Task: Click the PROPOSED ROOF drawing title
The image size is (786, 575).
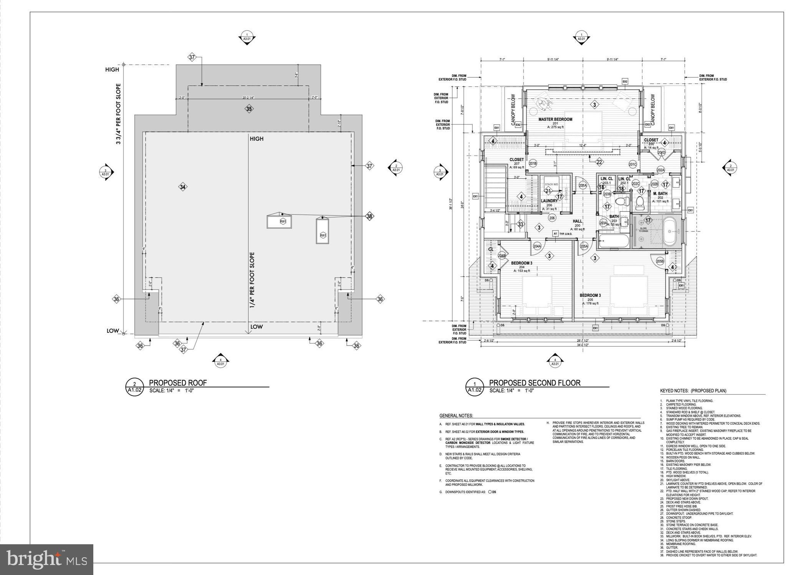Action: pyautogui.click(x=177, y=383)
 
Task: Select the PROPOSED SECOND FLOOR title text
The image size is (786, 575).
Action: pyautogui.click(x=534, y=383)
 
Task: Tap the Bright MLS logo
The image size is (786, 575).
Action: pyautogui.click(x=46, y=559)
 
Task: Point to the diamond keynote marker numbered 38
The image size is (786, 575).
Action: pyautogui.click(x=369, y=216)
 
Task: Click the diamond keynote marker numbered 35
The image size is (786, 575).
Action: pyautogui.click(x=249, y=109)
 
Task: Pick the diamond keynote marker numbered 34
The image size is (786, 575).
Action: pyautogui.click(x=183, y=187)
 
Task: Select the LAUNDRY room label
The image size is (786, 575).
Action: pyautogui.click(x=549, y=201)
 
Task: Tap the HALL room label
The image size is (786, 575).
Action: pyautogui.click(x=577, y=221)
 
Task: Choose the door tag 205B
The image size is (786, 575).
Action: pyautogui.click(x=660, y=261)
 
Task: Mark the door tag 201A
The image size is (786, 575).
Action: pyautogui.click(x=583, y=186)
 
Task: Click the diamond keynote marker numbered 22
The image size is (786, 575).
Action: pyautogui.click(x=599, y=162)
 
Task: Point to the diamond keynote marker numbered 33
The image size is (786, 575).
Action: pyautogui.click(x=520, y=224)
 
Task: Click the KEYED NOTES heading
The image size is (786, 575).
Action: pyautogui.click(x=693, y=391)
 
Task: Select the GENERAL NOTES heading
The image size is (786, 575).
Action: pyautogui.click(x=456, y=416)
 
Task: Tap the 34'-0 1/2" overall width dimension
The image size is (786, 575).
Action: pyautogui.click(x=582, y=345)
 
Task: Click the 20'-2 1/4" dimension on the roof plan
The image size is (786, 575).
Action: pyautogui.click(x=248, y=98)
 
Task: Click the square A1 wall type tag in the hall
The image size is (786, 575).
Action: pyautogui.click(x=555, y=234)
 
